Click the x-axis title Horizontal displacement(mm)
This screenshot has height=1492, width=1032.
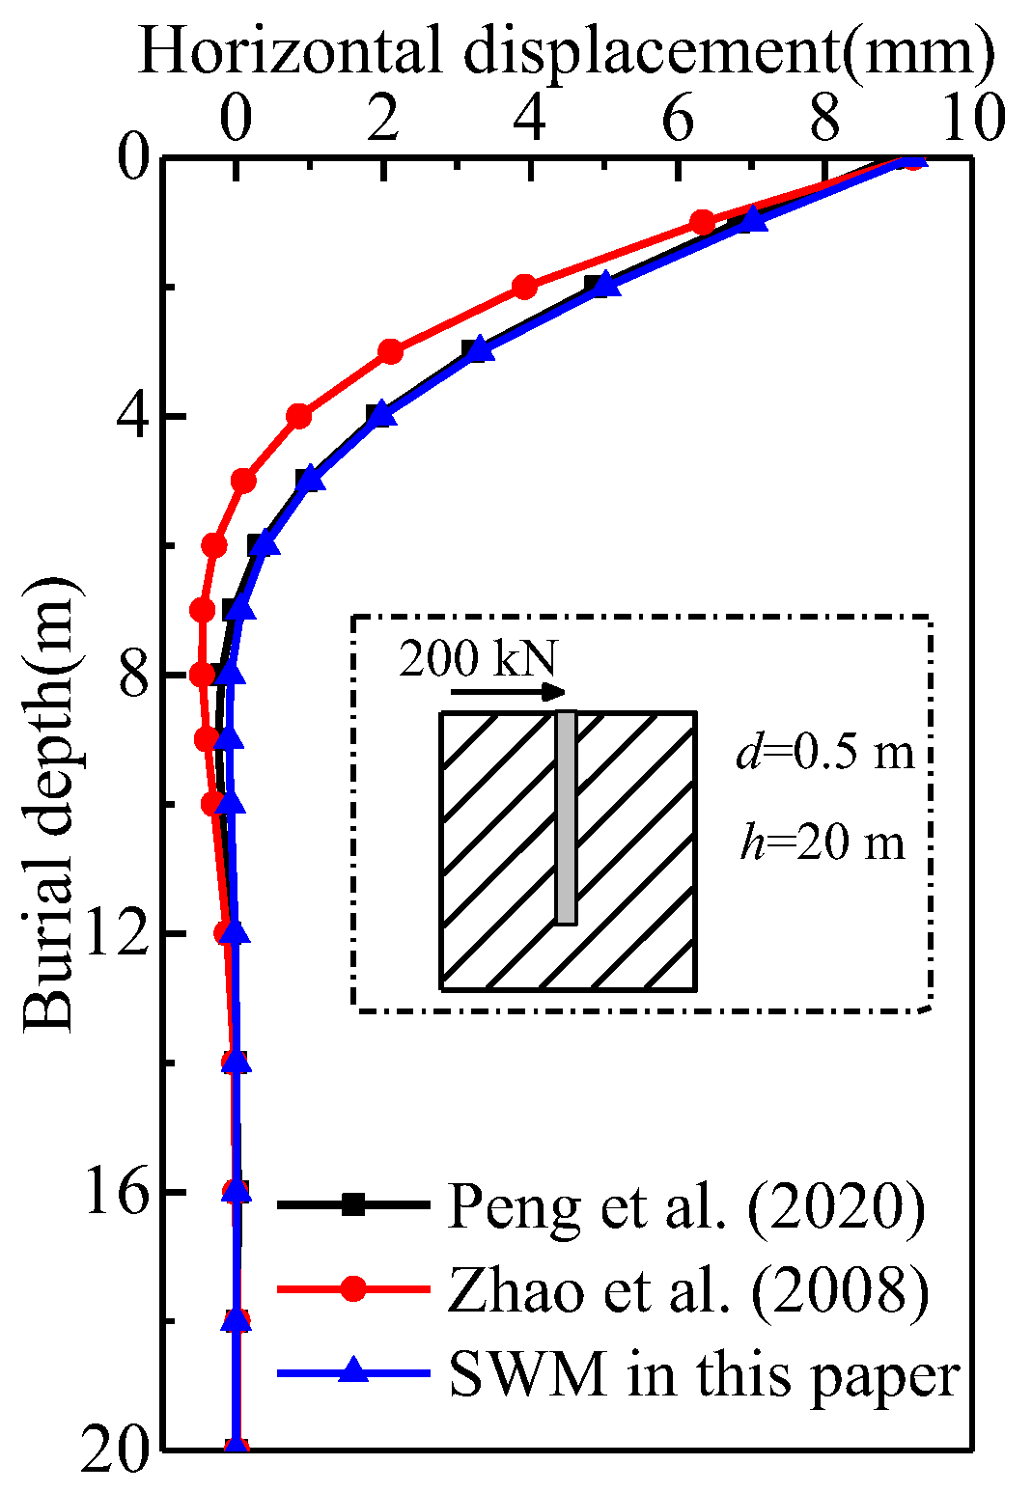566,50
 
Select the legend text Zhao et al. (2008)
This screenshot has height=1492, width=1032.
688,1290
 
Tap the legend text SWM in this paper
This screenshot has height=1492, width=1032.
705,1374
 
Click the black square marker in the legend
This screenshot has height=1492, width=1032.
354,1204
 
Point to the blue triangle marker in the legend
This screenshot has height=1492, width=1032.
354,1370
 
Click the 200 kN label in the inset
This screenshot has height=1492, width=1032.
478,659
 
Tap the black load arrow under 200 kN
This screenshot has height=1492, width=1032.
508,691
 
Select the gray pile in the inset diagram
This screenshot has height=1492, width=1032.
566,817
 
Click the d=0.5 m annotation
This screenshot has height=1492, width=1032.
824,752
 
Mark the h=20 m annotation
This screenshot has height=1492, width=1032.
823,843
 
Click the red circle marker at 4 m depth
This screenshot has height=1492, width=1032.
299,416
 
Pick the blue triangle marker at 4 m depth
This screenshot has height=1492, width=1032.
382,414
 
